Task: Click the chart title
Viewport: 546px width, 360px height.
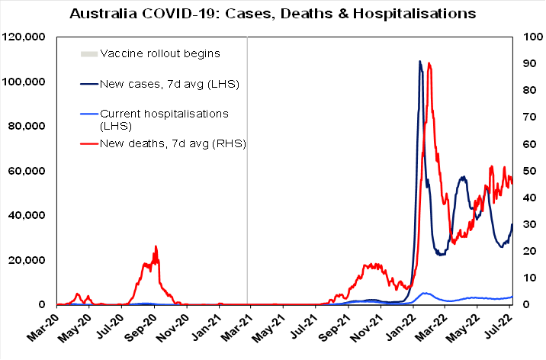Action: coord(273,14)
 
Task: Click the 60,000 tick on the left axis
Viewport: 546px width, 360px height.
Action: coord(28,172)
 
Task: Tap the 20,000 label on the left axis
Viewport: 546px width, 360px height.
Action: coord(28,261)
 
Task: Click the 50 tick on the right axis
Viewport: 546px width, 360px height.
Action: coord(527,172)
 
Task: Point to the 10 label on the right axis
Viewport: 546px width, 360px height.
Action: coord(527,278)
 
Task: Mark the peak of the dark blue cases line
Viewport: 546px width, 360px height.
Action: coord(420,62)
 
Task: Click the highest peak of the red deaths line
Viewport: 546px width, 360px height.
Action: coord(430,63)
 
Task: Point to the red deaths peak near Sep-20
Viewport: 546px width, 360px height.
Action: coord(156,246)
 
